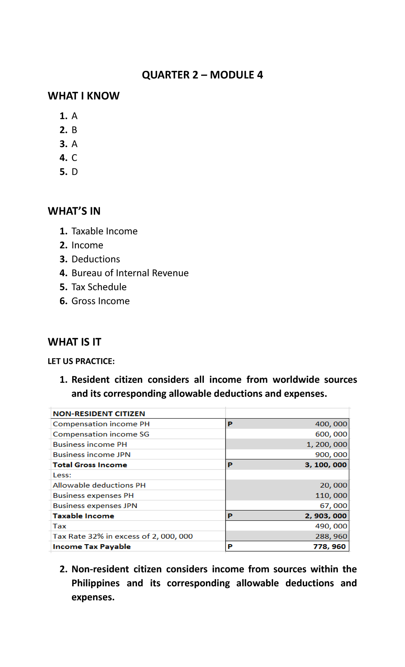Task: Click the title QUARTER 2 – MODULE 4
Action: click(202, 75)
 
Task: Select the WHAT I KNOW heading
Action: click(83, 96)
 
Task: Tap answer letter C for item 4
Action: click(74, 158)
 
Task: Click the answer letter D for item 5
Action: click(75, 172)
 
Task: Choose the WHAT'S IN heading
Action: click(74, 211)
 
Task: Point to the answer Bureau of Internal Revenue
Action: click(130, 273)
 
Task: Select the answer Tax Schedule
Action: click(99, 287)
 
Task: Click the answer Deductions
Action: click(96, 259)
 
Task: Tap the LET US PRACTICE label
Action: click(81, 361)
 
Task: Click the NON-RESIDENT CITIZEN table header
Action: click(99, 413)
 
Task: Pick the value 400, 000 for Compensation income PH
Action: click(331, 424)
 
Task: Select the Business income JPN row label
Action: click(91, 455)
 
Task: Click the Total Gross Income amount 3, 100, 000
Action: click(325, 465)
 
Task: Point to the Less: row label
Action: click(62, 475)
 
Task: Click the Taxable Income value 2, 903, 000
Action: click(325, 516)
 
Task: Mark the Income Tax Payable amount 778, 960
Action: click(329, 546)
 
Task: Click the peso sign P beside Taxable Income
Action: click(230, 516)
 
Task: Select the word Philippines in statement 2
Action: click(96, 583)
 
